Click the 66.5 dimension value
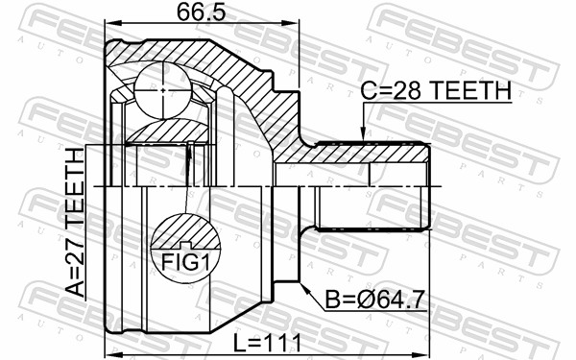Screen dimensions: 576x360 coord(202,12)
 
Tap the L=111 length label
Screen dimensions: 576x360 coord(268,344)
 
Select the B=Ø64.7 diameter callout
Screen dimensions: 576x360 coord(375,300)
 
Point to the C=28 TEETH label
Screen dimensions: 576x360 coord(436,90)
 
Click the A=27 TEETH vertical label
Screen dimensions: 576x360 coord(75,223)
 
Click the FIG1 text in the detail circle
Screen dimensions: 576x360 coord(185,263)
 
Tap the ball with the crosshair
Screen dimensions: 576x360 coord(163,90)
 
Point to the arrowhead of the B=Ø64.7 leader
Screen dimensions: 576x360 coord(305,288)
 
